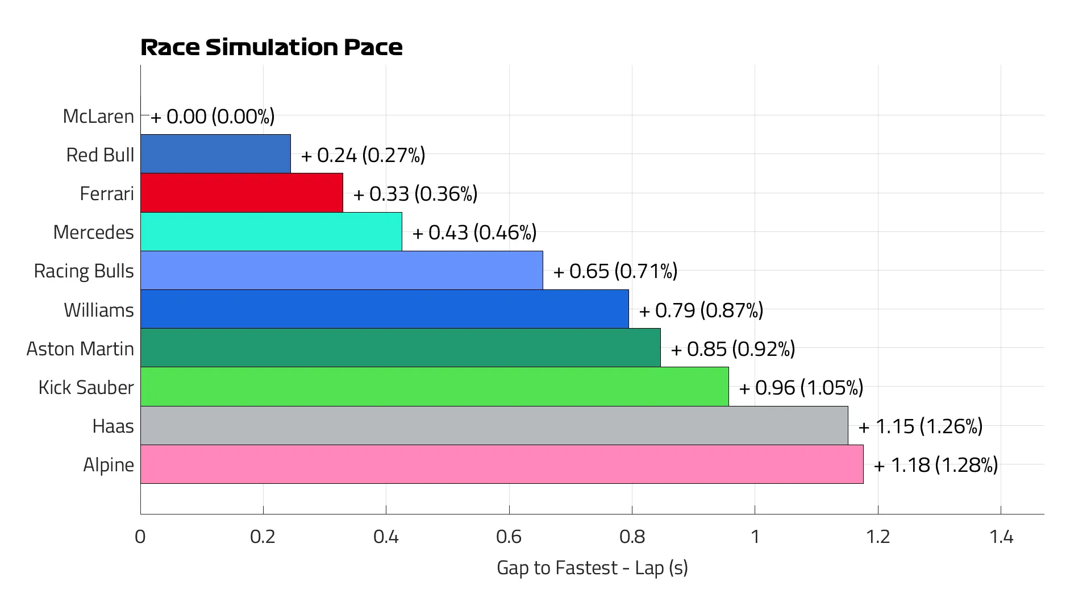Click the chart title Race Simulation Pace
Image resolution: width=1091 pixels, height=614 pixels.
pyautogui.click(x=271, y=47)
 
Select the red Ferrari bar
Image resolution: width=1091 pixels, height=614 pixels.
pyautogui.click(x=241, y=193)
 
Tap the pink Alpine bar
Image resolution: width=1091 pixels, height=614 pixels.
pyautogui.click(x=502, y=464)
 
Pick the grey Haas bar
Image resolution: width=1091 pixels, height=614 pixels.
pyautogui.click(x=494, y=425)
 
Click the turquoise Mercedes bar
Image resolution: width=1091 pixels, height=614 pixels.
pyautogui.click(x=271, y=231)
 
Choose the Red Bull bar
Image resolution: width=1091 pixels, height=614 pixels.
pyautogui.click(x=215, y=153)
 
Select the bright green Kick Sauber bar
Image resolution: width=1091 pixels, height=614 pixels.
pyautogui.click(x=434, y=387)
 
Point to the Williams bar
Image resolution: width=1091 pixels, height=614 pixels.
pyautogui.click(x=384, y=309)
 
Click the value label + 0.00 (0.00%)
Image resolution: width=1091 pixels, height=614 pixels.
pyautogui.click(x=213, y=117)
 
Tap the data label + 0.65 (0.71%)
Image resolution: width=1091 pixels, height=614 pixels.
pyautogui.click(x=615, y=271)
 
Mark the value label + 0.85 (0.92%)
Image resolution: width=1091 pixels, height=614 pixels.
pyautogui.click(x=733, y=349)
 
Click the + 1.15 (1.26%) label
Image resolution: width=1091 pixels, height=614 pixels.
pyautogui.click(x=921, y=426)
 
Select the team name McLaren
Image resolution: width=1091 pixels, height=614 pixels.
pyautogui.click(x=98, y=116)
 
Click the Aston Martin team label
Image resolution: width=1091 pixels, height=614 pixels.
pyautogui.click(x=80, y=349)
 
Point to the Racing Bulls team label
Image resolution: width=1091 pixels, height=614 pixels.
pyautogui.click(x=84, y=271)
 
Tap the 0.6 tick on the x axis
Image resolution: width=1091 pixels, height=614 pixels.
pyautogui.click(x=509, y=537)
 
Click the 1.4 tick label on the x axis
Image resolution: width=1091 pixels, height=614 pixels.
pyautogui.click(x=1001, y=537)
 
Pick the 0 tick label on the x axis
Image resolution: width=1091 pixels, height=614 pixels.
pyautogui.click(x=140, y=537)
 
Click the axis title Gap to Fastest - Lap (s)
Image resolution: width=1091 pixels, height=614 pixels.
pyautogui.click(x=592, y=567)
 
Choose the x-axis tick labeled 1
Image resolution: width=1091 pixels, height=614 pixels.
pyautogui.click(x=755, y=537)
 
